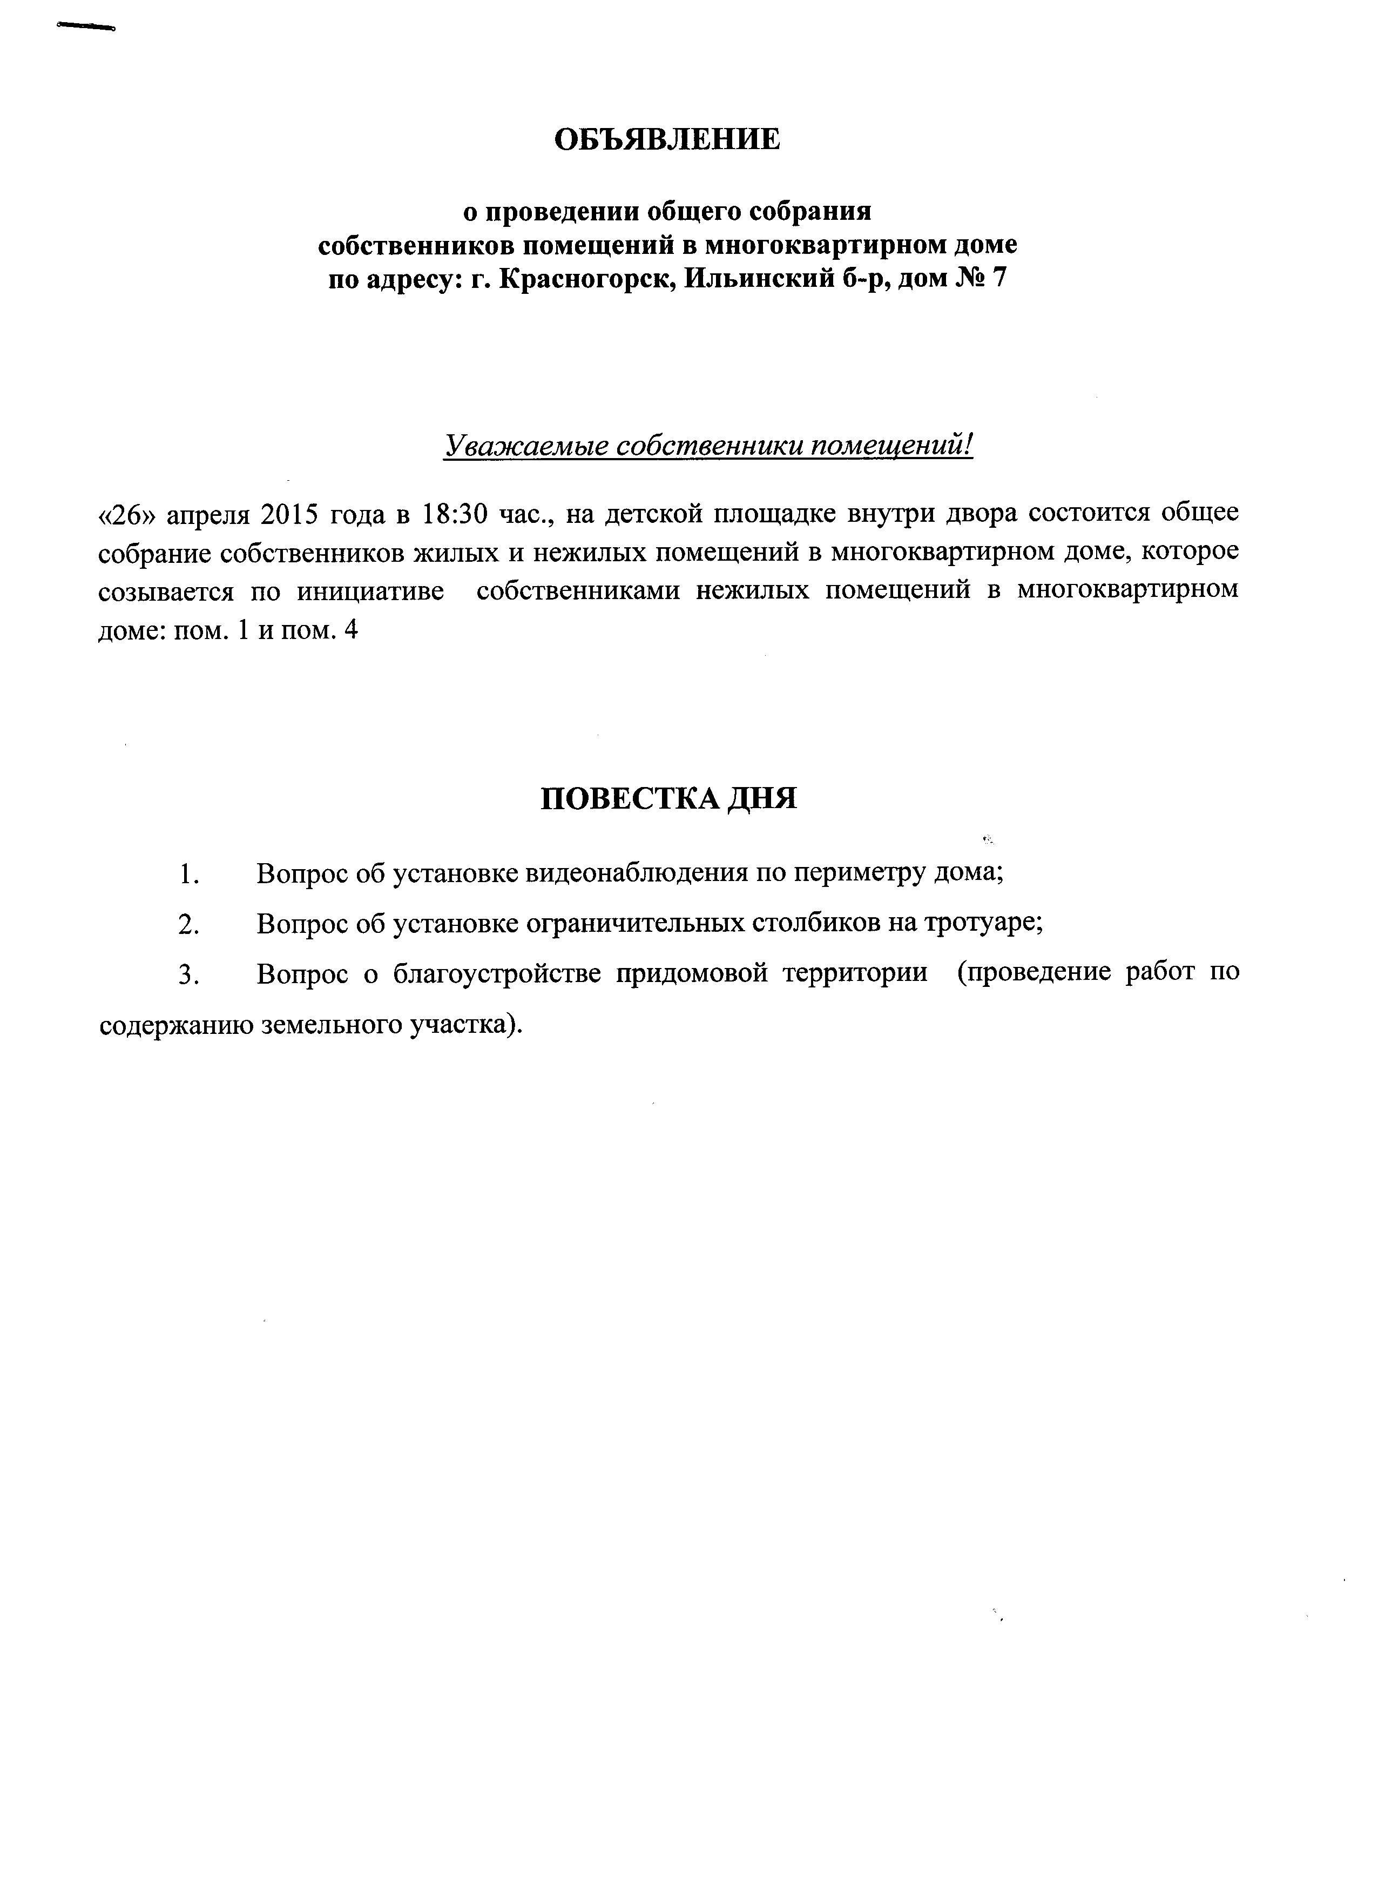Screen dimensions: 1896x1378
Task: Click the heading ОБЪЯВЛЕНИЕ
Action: click(x=667, y=139)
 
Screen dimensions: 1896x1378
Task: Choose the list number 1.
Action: click(x=187, y=873)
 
